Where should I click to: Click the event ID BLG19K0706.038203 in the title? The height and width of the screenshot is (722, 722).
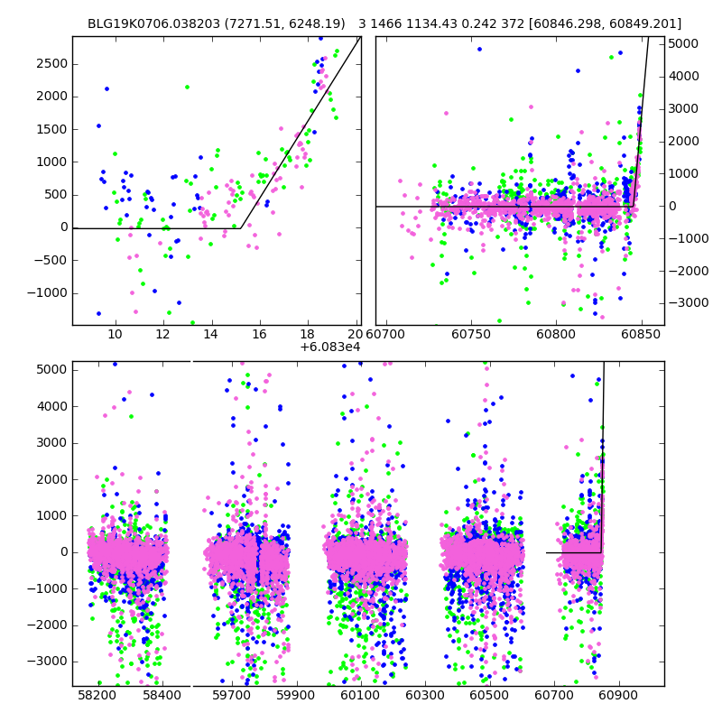pyautogui.click(x=151, y=23)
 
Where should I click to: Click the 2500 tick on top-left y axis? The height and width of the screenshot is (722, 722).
pyautogui.click(x=51, y=63)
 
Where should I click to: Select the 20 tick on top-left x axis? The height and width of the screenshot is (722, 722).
pyautogui.click(x=356, y=335)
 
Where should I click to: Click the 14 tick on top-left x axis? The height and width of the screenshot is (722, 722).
pyautogui.click(x=211, y=335)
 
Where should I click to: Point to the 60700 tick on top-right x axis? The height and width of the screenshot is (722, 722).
pyautogui.click(x=396, y=335)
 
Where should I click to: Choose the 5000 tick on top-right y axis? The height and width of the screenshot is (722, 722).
pyautogui.click(x=683, y=43)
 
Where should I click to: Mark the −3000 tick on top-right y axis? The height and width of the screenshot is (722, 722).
pyautogui.click(x=685, y=303)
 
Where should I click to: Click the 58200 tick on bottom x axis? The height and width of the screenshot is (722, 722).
pyautogui.click(x=97, y=696)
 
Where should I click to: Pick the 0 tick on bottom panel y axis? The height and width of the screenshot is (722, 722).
pyautogui.click(x=62, y=551)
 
